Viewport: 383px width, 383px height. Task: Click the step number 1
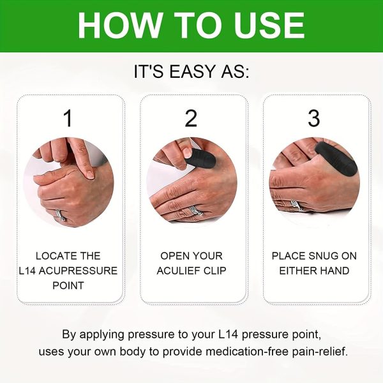[x=68, y=118]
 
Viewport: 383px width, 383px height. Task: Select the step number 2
[x=191, y=118]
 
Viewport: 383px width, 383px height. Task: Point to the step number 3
[x=313, y=118]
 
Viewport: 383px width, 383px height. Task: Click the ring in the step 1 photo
[x=59, y=214]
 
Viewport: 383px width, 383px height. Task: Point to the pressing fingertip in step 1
[x=90, y=172]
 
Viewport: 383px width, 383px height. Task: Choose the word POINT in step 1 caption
[x=68, y=285]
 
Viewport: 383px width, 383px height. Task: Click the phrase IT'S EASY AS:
[x=191, y=71]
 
